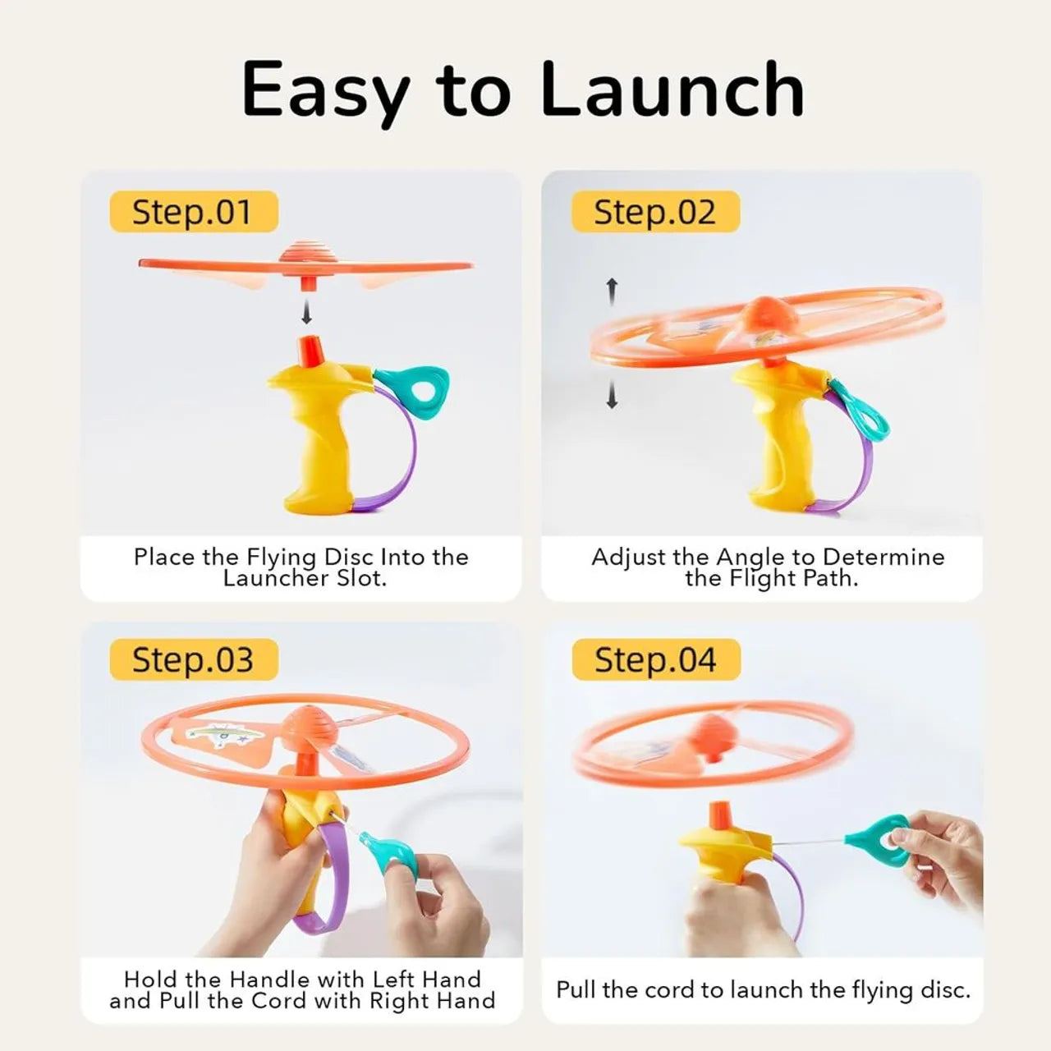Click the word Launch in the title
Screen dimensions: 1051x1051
coord(672,88)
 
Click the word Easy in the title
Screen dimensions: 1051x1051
coord(326,94)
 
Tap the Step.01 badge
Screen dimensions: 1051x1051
coord(194,212)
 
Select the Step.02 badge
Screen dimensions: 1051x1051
coord(655,212)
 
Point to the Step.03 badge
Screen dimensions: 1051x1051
coord(194,659)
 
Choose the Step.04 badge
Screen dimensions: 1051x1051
coord(656,659)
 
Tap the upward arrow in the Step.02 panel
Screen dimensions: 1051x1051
coord(613,291)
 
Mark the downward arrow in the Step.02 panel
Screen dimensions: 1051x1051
coord(612,395)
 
